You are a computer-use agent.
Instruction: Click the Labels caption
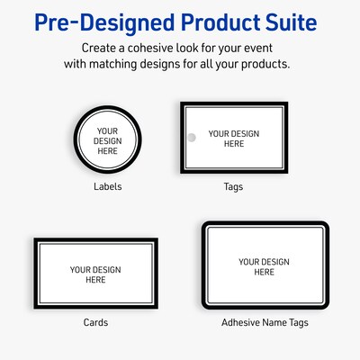(x=107, y=187)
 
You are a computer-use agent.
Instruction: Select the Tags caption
(x=233, y=187)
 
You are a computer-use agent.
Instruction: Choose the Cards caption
(x=95, y=322)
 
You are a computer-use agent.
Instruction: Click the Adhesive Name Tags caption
(x=265, y=322)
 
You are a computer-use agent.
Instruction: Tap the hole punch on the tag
(x=190, y=138)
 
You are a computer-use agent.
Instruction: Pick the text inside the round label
(x=107, y=139)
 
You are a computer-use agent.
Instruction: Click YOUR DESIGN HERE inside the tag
(x=234, y=139)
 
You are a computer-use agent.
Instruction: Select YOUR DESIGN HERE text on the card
(x=95, y=274)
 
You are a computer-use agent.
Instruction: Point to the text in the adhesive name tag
(x=265, y=266)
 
